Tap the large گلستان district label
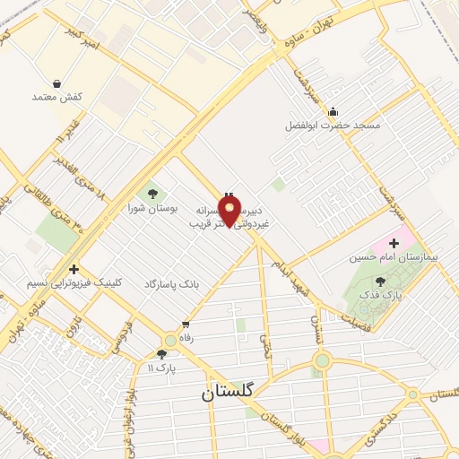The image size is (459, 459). [x=229, y=392]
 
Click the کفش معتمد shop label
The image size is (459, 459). [x=57, y=97]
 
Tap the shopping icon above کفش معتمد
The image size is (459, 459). [x=57, y=83]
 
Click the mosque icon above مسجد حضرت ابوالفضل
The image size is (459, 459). [x=333, y=112]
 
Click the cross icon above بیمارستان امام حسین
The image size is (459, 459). [x=394, y=244]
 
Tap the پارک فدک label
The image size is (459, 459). [x=389, y=294]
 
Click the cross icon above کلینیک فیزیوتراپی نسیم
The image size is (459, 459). [x=74, y=268]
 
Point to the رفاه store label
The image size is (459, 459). [x=186, y=338]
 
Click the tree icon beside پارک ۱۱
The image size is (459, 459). [x=161, y=354]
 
